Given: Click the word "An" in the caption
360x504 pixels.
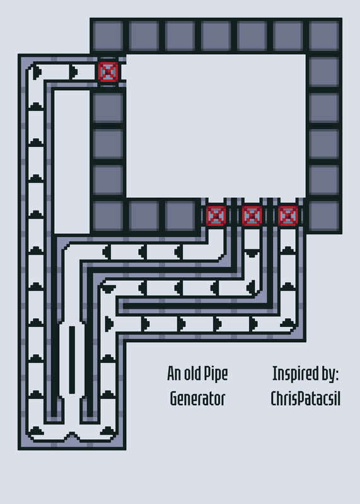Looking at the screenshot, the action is point(174,374).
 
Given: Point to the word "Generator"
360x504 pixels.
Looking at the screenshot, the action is point(197,399).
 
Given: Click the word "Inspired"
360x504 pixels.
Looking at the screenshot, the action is point(292,374).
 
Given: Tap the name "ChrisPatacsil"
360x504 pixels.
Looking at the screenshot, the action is point(305,399).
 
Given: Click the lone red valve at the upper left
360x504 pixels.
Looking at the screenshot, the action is point(108,72).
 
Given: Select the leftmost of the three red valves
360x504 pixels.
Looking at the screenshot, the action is point(216,215).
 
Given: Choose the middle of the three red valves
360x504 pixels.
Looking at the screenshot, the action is point(252,215).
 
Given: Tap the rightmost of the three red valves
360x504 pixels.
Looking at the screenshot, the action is point(288,215).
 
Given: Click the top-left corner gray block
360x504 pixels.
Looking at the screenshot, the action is point(108,36).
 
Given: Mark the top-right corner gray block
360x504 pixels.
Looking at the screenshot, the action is point(324,36).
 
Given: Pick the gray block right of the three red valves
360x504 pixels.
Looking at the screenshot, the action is point(324,215).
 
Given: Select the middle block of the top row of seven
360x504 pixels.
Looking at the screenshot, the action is point(216,36).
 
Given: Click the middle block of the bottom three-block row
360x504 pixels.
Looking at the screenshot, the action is point(144,215).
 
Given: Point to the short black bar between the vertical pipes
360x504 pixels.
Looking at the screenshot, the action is point(72,360).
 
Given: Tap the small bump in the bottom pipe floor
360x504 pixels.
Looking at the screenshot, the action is point(72,436).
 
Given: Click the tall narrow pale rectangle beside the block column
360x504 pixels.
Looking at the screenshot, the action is point(72,162).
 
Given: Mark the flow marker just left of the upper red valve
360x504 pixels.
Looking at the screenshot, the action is point(74,72).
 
